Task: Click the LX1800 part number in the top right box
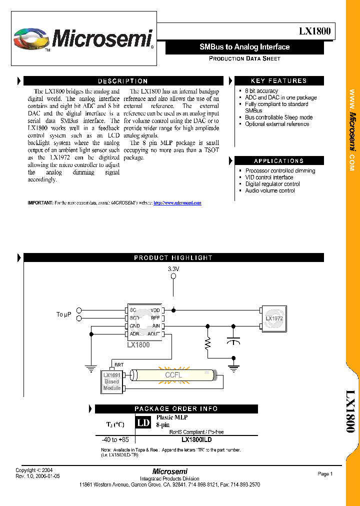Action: tap(314, 31)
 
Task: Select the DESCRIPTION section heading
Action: tap(122, 81)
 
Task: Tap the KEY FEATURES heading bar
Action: tap(278, 81)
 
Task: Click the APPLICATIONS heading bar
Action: tap(278, 161)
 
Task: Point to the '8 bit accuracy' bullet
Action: tap(261, 91)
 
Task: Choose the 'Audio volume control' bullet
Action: tap(269, 190)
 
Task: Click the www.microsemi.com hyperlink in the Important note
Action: tap(177, 203)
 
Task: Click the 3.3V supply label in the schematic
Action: tap(173, 269)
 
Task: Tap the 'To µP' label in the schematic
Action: tap(63, 314)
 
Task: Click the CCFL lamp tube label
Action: tap(173, 375)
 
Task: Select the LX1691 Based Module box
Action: tap(111, 381)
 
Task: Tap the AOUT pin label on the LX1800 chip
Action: tap(153, 333)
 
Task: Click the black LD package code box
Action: tap(143, 422)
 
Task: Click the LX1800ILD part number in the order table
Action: tap(196, 440)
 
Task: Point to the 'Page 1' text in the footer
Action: tap(325, 474)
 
